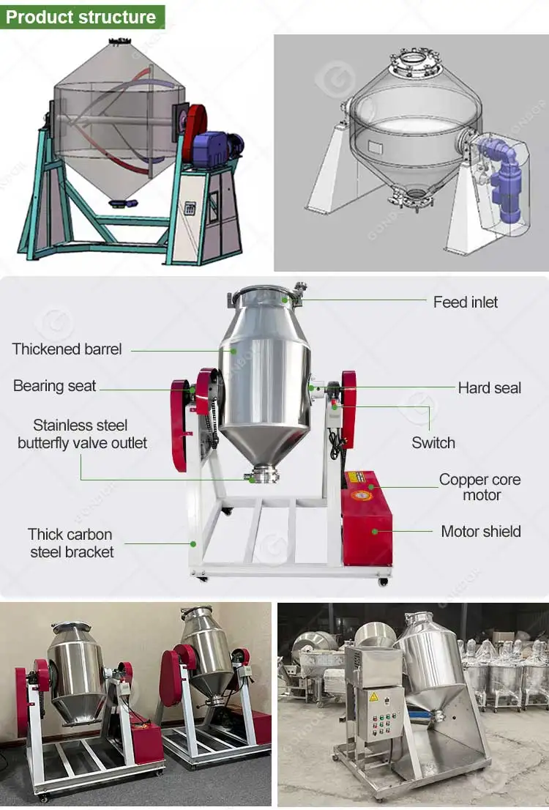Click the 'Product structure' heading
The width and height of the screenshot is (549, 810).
(x=81, y=17)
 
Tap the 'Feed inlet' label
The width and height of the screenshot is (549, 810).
(x=465, y=302)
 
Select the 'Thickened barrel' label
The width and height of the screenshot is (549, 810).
(x=67, y=349)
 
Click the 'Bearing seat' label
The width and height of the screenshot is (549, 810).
(x=54, y=386)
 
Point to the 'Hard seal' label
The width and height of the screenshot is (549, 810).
(x=489, y=387)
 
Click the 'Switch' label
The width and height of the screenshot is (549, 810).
(x=433, y=442)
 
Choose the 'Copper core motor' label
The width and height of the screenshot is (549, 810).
(x=479, y=487)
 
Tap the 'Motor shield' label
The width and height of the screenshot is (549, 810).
(x=480, y=531)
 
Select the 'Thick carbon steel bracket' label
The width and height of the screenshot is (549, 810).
(x=71, y=543)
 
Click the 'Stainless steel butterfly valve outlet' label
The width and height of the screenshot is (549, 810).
(x=82, y=434)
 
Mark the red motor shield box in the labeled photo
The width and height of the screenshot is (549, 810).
(x=367, y=520)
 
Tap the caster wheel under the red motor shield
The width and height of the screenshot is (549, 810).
(x=383, y=582)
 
